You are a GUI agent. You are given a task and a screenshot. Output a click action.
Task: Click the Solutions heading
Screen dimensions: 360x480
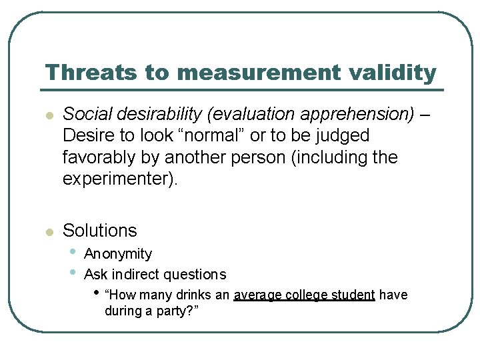click(x=99, y=231)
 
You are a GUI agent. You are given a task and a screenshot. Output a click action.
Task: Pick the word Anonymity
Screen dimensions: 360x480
click(x=118, y=254)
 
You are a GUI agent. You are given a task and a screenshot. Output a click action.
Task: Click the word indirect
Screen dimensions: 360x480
click(x=136, y=274)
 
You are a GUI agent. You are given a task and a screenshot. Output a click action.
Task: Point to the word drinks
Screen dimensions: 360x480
click(x=193, y=295)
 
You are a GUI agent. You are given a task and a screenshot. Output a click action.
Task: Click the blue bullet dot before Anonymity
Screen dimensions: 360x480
click(x=71, y=253)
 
